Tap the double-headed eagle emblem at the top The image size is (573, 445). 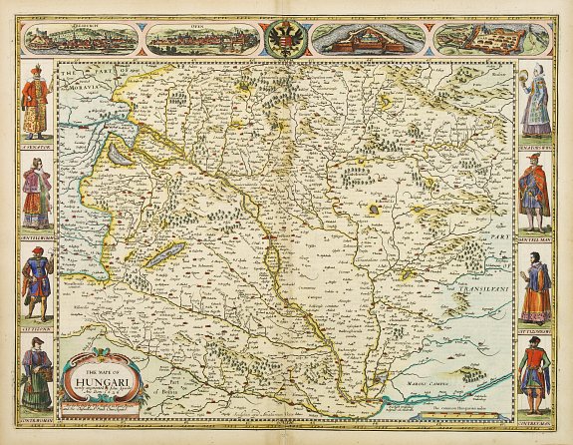pyautogui.click(x=285, y=39)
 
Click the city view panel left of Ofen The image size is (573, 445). pyautogui.click(x=80, y=39)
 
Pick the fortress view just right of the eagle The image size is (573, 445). pyautogui.click(x=368, y=39)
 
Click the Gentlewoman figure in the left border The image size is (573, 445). pyautogui.click(x=38, y=195)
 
